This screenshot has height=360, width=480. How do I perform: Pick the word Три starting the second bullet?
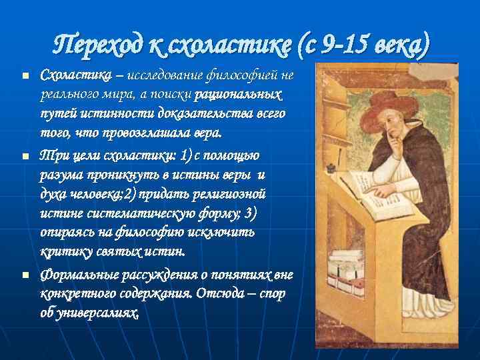click(52, 155)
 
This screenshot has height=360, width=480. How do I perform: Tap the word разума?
click(61, 174)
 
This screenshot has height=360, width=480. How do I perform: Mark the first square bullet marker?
click(25, 76)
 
